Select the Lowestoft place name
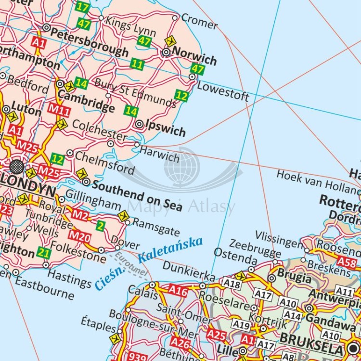[223, 91]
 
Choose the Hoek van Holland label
[318, 180]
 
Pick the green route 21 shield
[44, 253]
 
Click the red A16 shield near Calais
[178, 291]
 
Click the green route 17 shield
[83, 7]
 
